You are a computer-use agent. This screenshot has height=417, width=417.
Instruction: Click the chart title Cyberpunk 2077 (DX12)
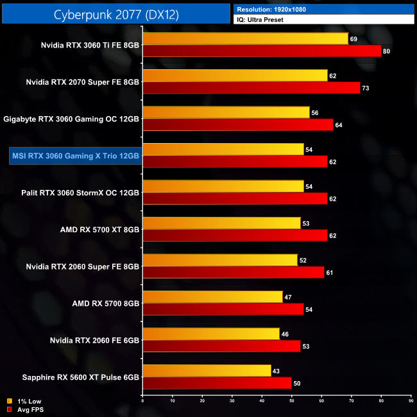click(x=115, y=13)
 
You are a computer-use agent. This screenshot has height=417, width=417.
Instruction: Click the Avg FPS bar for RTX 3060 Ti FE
click(x=262, y=51)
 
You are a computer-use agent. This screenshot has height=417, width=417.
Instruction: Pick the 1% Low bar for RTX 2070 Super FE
click(x=235, y=75)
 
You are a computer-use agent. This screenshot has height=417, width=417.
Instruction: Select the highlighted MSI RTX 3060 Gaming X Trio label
click(x=74, y=155)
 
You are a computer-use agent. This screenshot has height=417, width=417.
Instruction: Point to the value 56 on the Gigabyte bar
click(x=314, y=112)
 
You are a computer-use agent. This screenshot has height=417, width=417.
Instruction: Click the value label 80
click(x=386, y=51)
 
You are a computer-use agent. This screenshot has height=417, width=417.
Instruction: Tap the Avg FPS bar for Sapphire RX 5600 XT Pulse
click(x=217, y=382)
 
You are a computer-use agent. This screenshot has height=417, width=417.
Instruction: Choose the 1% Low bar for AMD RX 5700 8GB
click(x=212, y=296)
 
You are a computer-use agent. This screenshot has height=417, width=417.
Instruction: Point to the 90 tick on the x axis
click(x=411, y=400)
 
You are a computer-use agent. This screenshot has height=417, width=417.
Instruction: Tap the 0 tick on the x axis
click(x=143, y=400)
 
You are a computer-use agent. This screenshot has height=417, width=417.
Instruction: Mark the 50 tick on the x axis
click(x=292, y=400)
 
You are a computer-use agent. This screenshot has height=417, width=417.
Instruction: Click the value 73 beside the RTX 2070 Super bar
click(x=365, y=88)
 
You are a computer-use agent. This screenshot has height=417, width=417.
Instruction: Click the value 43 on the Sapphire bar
click(x=276, y=370)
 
